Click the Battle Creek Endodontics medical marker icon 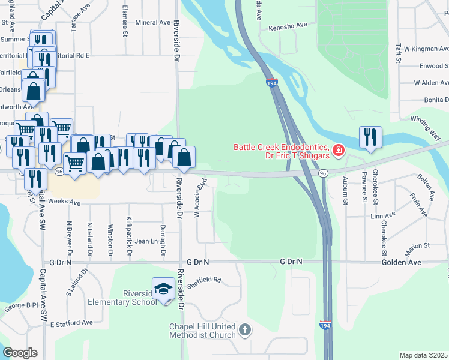coord(339,149)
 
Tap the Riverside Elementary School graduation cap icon coord(163,289)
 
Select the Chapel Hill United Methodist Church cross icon coord(244,329)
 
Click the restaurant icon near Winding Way coord(370,137)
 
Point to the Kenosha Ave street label coord(288,26)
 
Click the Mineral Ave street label coord(153,23)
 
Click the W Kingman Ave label coord(426,48)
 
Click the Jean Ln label coord(146,241)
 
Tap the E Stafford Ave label coord(71,323)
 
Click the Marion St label coord(418,245)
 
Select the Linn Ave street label coord(383,215)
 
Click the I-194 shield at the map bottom coord(325,325)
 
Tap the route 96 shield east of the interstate coord(323,173)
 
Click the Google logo coord(20,353)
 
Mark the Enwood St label coord(430,65)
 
